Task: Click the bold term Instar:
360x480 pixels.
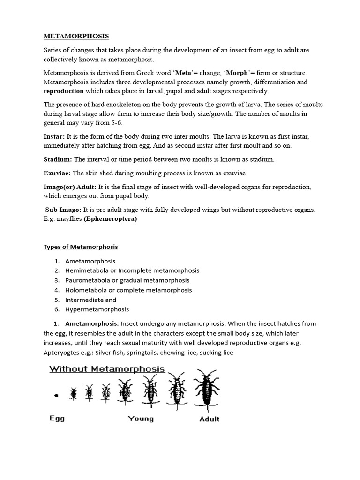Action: click(x=54, y=136)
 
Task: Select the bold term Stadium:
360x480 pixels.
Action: click(x=58, y=159)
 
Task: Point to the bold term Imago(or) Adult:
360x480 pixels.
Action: click(x=70, y=187)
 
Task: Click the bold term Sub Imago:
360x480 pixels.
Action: click(x=63, y=210)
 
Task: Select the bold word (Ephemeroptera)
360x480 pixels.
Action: click(x=110, y=219)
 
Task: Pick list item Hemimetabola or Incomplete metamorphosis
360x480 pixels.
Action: click(x=132, y=270)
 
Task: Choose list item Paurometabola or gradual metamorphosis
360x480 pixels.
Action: click(x=127, y=280)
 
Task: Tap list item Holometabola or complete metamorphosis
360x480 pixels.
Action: click(x=128, y=290)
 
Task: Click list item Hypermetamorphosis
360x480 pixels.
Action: click(x=97, y=309)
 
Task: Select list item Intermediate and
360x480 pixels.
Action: click(x=90, y=300)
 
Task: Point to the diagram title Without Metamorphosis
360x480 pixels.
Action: click(x=107, y=368)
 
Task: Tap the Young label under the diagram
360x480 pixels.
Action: click(x=141, y=418)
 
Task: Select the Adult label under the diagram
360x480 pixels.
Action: click(x=209, y=419)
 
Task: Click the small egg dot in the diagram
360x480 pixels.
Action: click(x=56, y=395)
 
